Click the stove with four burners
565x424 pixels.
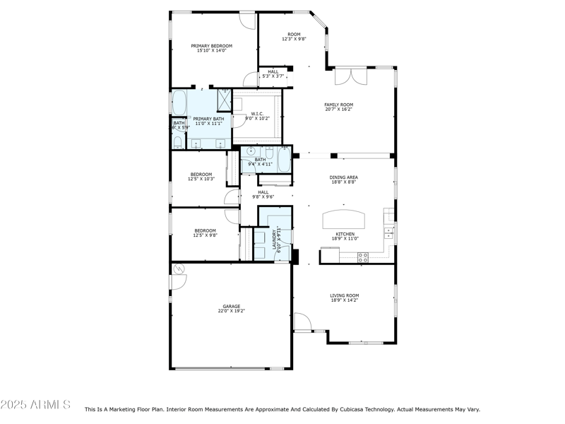[363, 257]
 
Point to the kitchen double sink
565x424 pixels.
[388, 232]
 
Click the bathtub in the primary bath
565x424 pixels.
[179, 102]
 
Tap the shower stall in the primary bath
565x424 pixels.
[223, 100]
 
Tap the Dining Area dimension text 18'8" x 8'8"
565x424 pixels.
[343, 182]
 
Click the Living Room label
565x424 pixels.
[345, 298]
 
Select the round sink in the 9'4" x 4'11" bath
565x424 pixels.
[250, 151]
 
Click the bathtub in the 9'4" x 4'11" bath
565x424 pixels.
[283, 159]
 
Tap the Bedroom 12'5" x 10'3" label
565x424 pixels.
[201, 177]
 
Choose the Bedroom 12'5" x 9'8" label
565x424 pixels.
[206, 232]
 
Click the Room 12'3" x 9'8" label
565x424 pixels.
[294, 37]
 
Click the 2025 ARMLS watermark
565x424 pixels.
[35, 405]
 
